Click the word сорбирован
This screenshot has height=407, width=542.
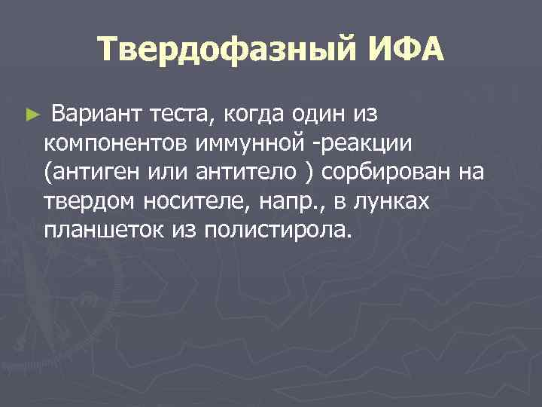click(x=387, y=173)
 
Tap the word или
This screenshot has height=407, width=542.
click(x=160, y=173)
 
